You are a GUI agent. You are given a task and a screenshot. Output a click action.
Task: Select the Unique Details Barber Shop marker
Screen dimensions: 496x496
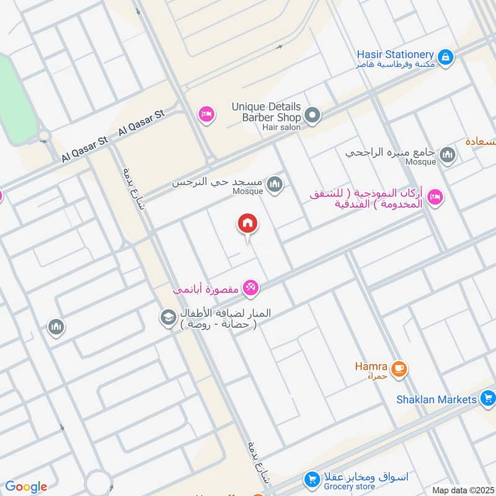tap(313, 115)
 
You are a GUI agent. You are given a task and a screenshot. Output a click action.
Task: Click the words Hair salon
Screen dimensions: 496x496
tap(281, 127)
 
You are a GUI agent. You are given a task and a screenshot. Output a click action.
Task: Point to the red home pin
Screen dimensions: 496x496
tap(247, 224)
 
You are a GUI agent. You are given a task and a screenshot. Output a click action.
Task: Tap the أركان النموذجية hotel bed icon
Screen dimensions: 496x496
tap(435, 197)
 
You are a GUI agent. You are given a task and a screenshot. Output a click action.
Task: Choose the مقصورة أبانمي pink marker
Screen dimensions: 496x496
tap(251, 288)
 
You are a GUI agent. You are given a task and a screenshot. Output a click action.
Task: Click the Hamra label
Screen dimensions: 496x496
tap(371, 366)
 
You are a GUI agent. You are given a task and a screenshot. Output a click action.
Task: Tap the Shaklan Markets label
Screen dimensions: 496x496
tap(436, 399)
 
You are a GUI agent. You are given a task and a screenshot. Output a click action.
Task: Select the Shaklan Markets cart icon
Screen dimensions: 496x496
tap(488, 399)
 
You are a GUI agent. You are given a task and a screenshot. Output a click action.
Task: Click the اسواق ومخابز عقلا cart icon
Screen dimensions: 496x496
tap(311, 479)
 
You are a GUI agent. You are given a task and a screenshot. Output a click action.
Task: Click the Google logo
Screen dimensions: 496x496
tap(26, 487)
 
